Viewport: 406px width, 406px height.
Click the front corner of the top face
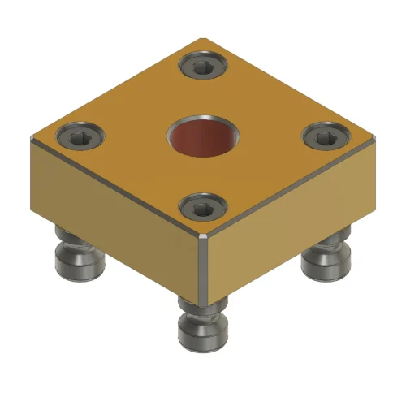tap(204, 236)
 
